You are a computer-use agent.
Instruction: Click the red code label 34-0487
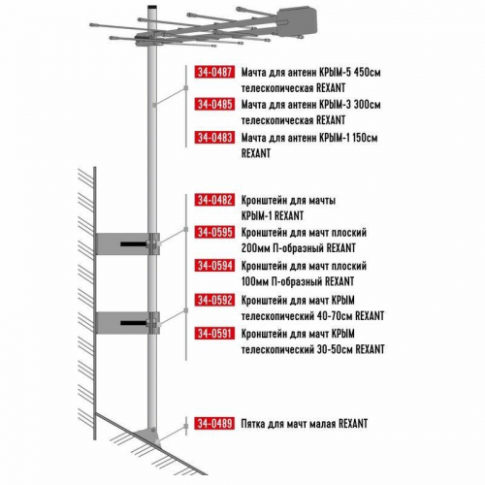click(214, 72)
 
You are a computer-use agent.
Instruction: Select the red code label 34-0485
click(214, 104)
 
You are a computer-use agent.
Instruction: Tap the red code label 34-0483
click(214, 138)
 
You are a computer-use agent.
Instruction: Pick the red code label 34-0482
click(214, 200)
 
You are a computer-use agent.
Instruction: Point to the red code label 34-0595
click(214, 232)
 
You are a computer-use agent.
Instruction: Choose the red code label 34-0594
click(214, 266)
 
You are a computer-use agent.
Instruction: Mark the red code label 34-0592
click(214, 300)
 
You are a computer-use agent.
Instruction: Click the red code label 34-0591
click(214, 334)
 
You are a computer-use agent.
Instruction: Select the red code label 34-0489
click(214, 423)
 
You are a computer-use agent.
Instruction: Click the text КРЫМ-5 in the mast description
click(335, 72)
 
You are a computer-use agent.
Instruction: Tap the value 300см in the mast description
click(368, 105)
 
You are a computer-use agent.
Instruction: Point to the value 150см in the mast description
click(365, 138)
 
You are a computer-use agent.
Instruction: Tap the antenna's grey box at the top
click(296, 20)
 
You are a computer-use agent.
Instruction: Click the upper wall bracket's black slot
click(135, 243)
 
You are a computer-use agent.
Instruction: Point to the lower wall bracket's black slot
click(135, 323)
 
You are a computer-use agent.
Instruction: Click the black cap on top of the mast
click(152, 7)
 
